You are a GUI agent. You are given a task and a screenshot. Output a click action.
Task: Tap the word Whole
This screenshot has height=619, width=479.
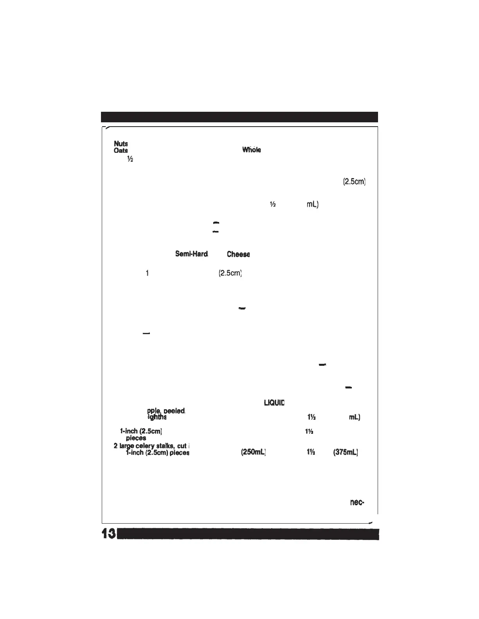click(x=251, y=150)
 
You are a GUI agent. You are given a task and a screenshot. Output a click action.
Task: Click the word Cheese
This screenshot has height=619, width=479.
click(x=238, y=254)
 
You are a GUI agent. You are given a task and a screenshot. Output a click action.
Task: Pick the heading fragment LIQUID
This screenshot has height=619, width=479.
click(x=274, y=403)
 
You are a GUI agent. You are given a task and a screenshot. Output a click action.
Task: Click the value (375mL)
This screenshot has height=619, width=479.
click(x=346, y=453)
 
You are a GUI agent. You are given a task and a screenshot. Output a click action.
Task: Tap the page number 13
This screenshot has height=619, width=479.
click(x=108, y=534)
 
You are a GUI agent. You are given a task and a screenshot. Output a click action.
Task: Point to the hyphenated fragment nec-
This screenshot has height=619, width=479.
click(x=357, y=503)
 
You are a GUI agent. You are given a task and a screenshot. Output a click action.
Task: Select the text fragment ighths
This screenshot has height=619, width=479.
click(x=157, y=417)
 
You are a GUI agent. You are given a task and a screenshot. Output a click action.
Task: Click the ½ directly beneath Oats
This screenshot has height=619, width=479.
click(x=130, y=159)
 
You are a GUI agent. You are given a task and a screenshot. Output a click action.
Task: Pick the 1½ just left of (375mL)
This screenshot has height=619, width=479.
click(x=312, y=453)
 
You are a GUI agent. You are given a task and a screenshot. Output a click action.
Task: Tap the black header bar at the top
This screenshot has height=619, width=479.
click(x=239, y=117)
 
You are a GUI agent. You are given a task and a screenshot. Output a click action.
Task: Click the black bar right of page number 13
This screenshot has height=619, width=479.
click(x=248, y=534)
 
